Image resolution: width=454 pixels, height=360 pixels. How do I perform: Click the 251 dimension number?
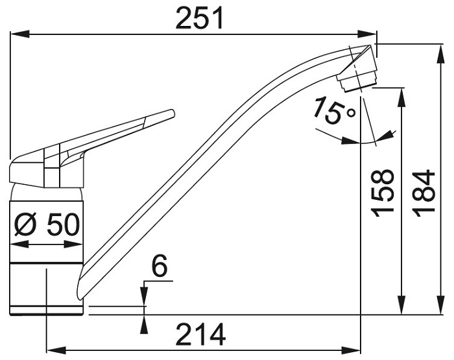(x=200, y=18)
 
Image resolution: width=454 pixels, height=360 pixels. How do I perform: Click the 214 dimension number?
(x=201, y=335)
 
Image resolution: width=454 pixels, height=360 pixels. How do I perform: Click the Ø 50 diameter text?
(x=47, y=224)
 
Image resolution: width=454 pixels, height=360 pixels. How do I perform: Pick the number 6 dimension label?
(x=160, y=265)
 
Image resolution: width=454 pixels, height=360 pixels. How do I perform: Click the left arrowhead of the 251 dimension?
(x=20, y=34)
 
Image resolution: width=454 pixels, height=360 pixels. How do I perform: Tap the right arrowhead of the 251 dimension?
(x=367, y=34)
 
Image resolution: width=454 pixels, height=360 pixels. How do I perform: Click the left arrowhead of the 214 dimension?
(x=56, y=350)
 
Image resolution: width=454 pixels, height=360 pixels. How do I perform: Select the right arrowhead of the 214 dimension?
(x=351, y=350)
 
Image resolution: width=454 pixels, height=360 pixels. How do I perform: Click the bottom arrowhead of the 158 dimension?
(x=401, y=305)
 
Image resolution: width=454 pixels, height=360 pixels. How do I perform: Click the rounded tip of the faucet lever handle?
(x=173, y=114)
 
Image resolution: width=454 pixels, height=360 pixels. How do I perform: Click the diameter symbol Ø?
(x=25, y=224)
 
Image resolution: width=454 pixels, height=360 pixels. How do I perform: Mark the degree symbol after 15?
(x=352, y=112)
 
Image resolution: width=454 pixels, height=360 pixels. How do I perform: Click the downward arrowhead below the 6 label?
(x=144, y=296)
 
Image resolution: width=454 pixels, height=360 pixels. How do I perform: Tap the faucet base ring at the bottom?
(x=47, y=310)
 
